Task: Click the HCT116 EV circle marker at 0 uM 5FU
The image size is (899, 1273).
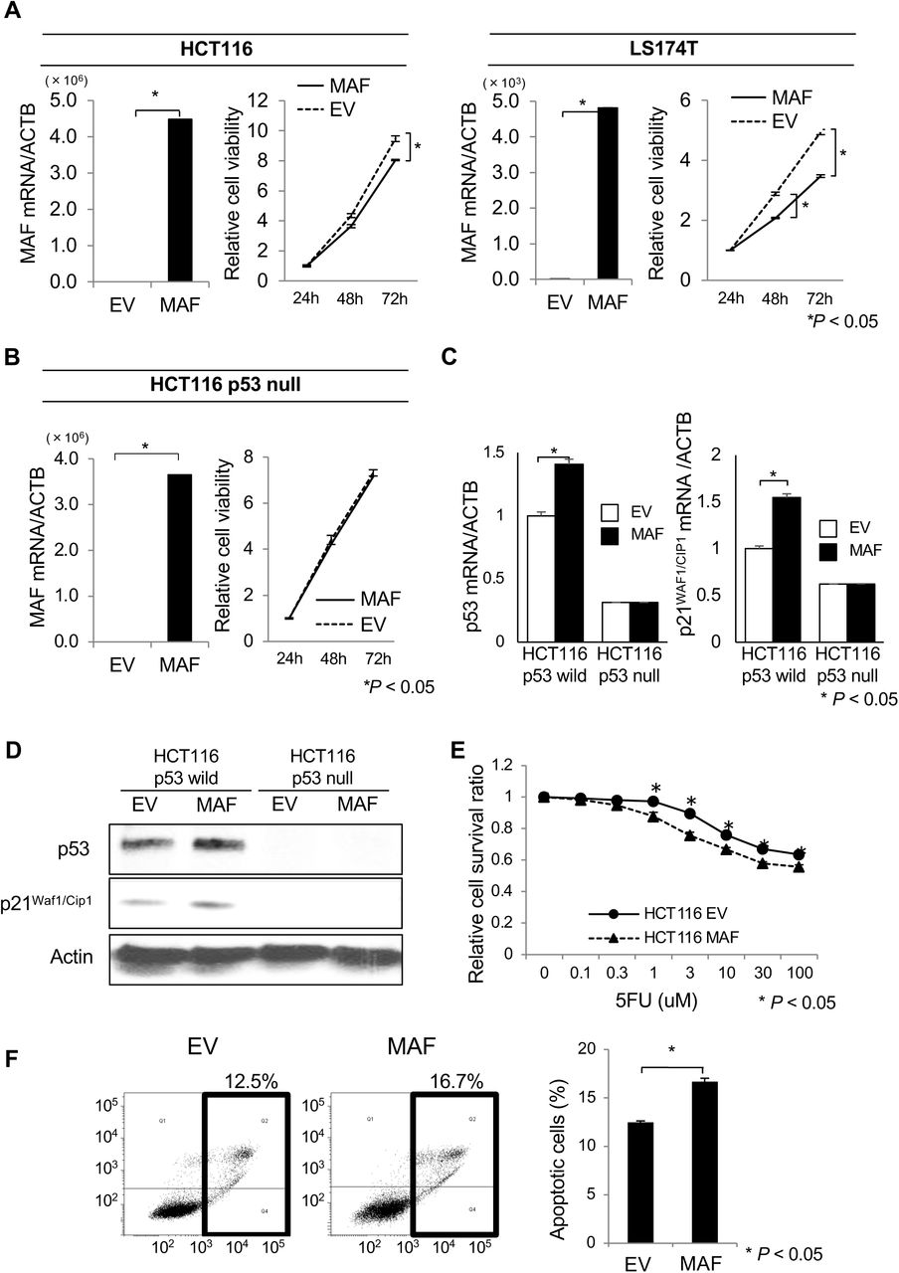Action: (542, 797)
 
